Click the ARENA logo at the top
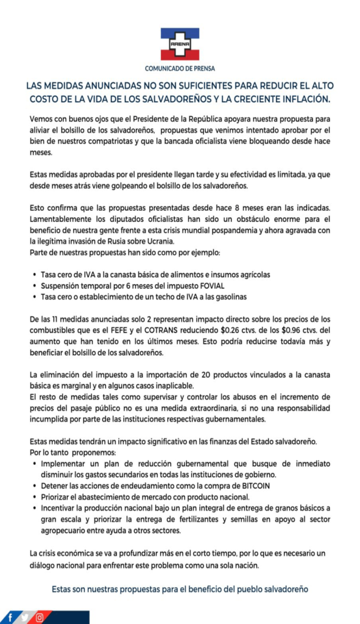pos(180,43)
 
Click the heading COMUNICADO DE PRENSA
pos(180,68)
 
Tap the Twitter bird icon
pos(24,617)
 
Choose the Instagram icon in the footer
pos(40,617)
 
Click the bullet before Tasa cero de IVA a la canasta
pos(34,274)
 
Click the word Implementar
pos(63,463)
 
